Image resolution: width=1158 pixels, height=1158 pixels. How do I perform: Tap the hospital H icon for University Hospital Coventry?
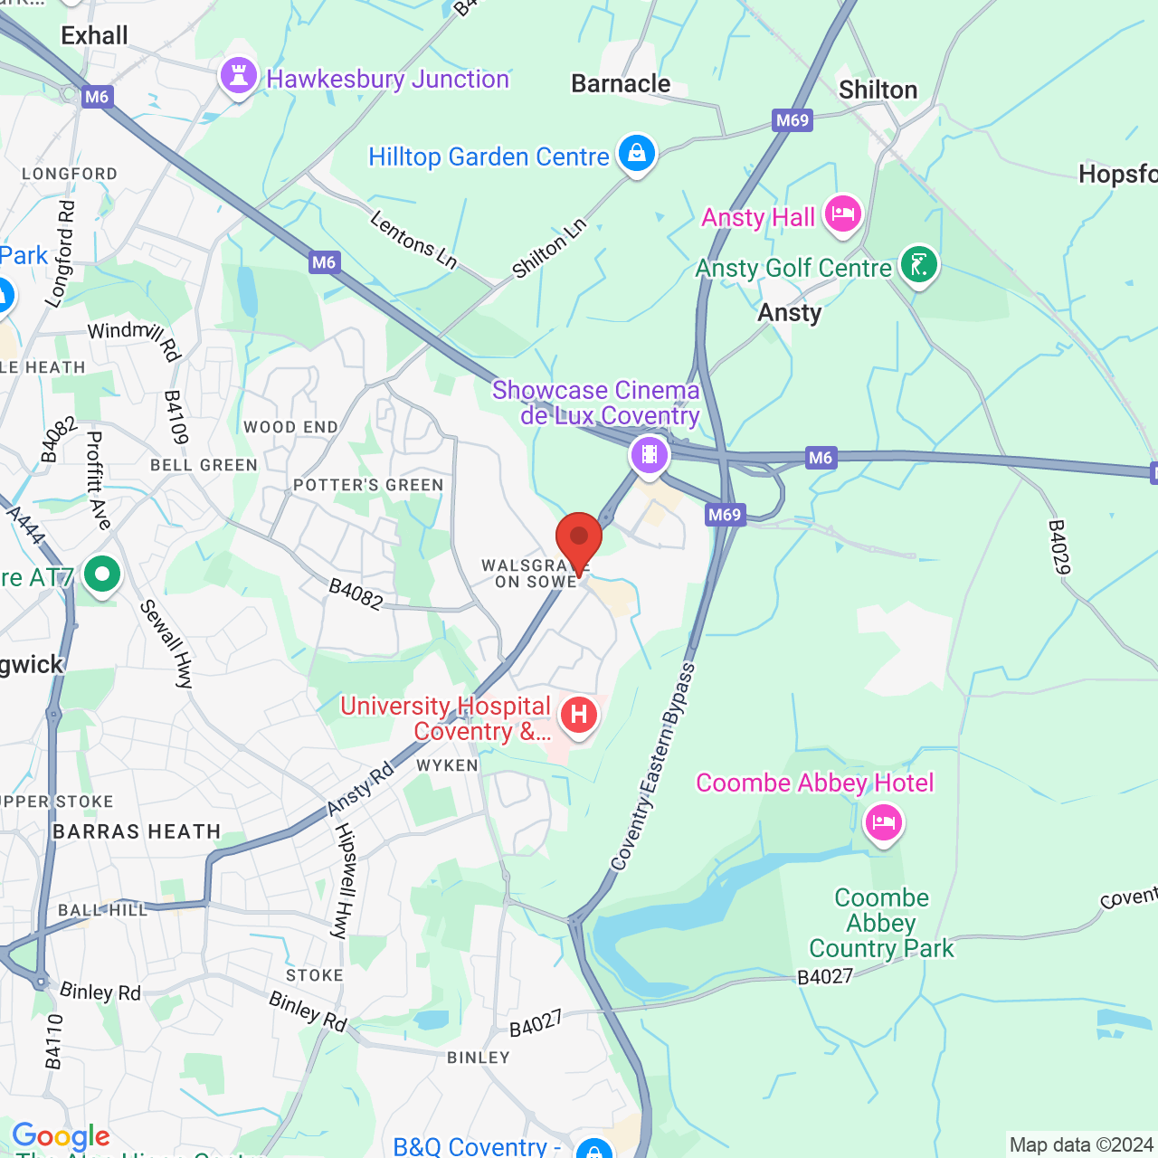tap(579, 716)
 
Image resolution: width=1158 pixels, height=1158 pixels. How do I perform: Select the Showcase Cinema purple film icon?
tap(649, 454)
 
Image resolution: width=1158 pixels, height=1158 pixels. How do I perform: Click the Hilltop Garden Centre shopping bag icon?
tap(636, 153)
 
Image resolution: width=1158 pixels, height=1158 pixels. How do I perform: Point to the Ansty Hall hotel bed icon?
tap(842, 214)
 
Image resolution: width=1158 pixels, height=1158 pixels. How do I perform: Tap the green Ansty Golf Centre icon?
tap(918, 265)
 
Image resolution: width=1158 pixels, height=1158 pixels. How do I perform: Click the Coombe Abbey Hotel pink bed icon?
tap(883, 822)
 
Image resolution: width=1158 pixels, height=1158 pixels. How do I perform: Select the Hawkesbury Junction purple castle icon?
tap(239, 77)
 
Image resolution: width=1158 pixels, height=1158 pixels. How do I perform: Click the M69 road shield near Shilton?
tap(793, 120)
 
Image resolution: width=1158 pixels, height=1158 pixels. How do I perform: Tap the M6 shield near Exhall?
tap(96, 97)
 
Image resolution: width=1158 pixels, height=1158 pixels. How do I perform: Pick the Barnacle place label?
tap(621, 84)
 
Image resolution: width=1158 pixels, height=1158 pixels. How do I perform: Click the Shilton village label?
tap(878, 90)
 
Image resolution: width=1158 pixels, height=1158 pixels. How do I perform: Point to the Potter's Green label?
tap(368, 485)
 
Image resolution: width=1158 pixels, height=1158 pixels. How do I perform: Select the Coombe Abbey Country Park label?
tap(881, 923)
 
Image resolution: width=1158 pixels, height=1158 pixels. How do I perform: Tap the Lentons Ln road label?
tap(414, 240)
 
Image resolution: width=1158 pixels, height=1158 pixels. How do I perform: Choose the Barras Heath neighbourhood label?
tap(137, 831)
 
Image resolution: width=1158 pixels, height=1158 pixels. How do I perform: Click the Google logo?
tap(61, 1136)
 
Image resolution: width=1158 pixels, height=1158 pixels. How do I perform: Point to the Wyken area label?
tap(447, 765)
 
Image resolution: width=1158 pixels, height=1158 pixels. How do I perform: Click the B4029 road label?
tap(1058, 546)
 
